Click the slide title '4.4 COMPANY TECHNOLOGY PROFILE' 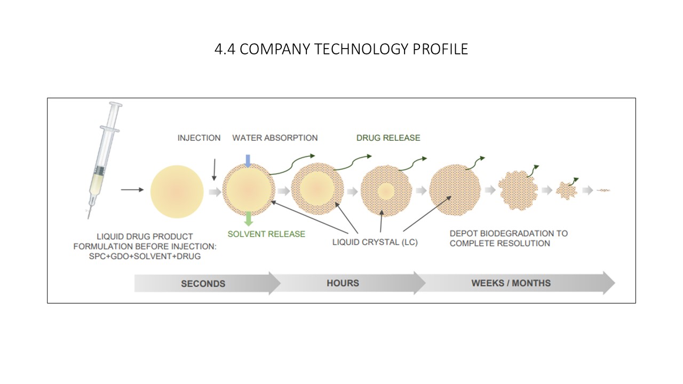341,49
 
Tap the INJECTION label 199,138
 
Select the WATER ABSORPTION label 275,138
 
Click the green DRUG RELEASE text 388,138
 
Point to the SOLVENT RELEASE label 266,234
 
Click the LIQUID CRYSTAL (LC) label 375,242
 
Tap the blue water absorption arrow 248,161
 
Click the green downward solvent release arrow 249,219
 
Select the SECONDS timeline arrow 208,283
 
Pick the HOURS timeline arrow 347,283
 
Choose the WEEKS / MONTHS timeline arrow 515,283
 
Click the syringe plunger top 116,105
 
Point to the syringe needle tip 89,218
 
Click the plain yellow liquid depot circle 177,191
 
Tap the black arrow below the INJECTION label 215,170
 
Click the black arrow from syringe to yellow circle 132,189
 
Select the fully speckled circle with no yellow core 455,190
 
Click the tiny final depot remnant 603,190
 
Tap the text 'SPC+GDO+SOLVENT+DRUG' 145,257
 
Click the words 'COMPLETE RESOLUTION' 500,244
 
